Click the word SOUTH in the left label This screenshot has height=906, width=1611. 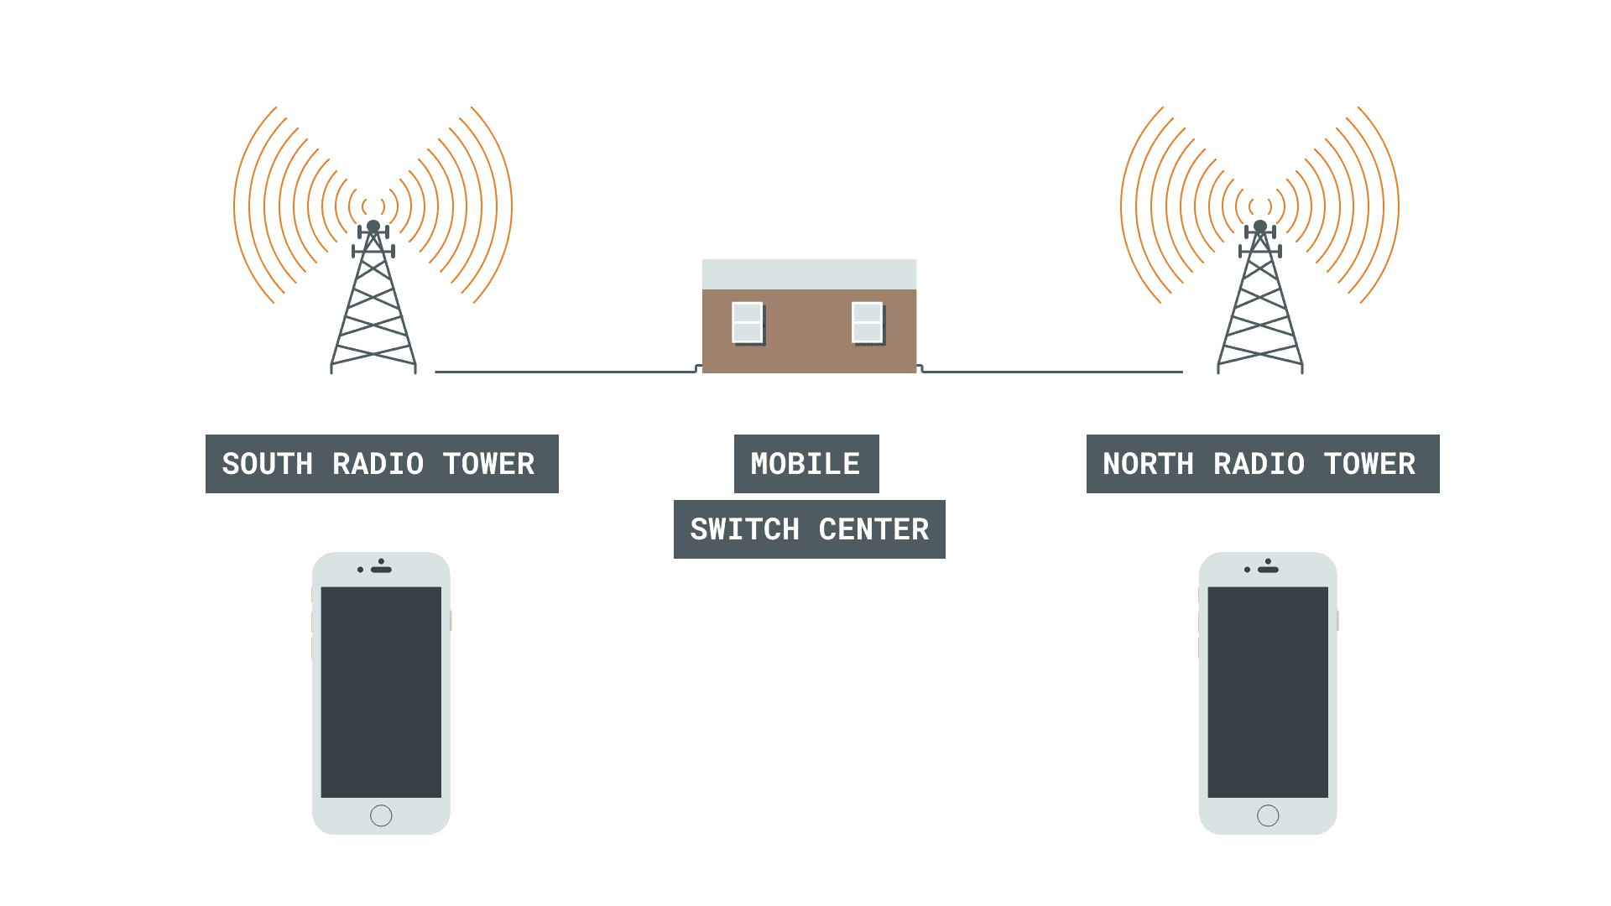(x=267, y=464)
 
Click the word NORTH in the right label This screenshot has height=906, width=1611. (x=1147, y=464)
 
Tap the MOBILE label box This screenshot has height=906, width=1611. (x=805, y=464)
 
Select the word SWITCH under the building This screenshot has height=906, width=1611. (x=744, y=529)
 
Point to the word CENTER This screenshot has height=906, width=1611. (x=873, y=529)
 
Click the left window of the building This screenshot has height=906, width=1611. (x=747, y=322)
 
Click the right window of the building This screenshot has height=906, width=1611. (x=867, y=322)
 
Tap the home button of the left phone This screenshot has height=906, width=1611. (x=381, y=815)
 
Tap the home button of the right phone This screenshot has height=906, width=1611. (x=1268, y=815)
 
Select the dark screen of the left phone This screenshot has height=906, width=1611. (x=381, y=692)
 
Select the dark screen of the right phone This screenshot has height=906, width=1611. (x=1268, y=692)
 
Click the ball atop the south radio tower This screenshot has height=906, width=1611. (x=373, y=226)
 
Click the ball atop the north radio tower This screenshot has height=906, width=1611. (x=1260, y=226)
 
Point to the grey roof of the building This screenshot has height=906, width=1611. (x=809, y=274)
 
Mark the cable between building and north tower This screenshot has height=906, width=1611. (x=1053, y=372)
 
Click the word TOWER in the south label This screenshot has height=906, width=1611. (x=488, y=464)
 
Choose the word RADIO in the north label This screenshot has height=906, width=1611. (x=1259, y=464)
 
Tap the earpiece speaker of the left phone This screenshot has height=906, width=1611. (x=382, y=570)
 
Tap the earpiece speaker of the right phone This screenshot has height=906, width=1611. (x=1269, y=570)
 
